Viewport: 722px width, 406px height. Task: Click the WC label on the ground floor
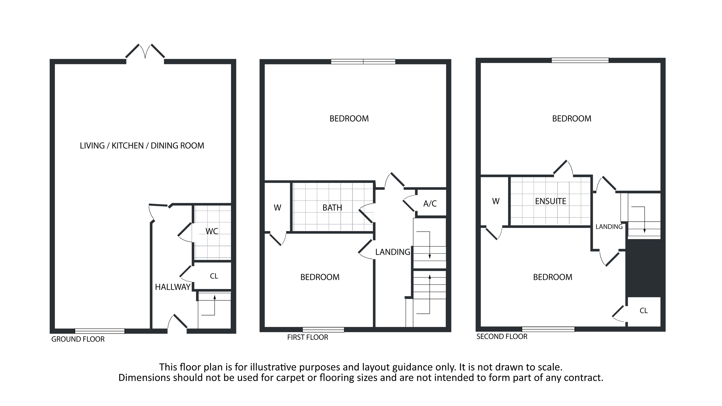pyautogui.click(x=212, y=231)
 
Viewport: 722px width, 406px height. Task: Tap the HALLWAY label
pyautogui.click(x=173, y=287)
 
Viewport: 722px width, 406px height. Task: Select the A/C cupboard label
pyautogui.click(x=430, y=204)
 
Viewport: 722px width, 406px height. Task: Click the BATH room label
pyautogui.click(x=332, y=208)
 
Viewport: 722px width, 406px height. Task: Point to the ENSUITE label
pyautogui.click(x=550, y=201)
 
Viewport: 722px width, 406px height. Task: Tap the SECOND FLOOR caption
pyautogui.click(x=502, y=336)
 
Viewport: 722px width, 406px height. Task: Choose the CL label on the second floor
pyautogui.click(x=644, y=311)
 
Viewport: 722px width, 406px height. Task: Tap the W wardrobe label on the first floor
pyautogui.click(x=277, y=208)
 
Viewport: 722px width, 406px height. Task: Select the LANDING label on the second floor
pyautogui.click(x=609, y=227)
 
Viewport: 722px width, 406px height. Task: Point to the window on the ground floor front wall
pyautogui.click(x=100, y=331)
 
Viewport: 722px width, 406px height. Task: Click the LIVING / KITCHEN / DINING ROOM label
pyautogui.click(x=142, y=146)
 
